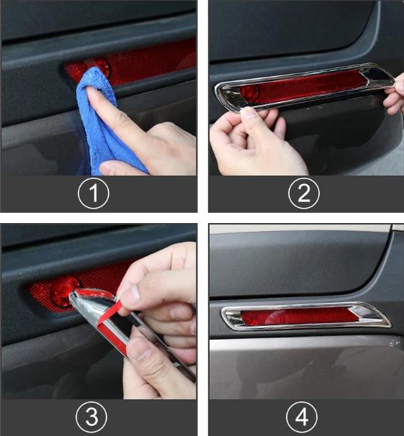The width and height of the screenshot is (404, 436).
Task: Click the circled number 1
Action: (94, 194)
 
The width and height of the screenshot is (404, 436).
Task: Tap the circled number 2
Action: (304, 194)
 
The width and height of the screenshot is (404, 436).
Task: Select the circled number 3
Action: (91, 417)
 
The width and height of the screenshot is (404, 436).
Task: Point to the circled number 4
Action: (302, 417)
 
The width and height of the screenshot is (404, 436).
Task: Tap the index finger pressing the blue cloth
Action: (117, 112)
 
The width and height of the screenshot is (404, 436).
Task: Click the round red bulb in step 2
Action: (248, 91)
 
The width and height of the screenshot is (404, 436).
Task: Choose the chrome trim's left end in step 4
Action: (225, 316)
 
